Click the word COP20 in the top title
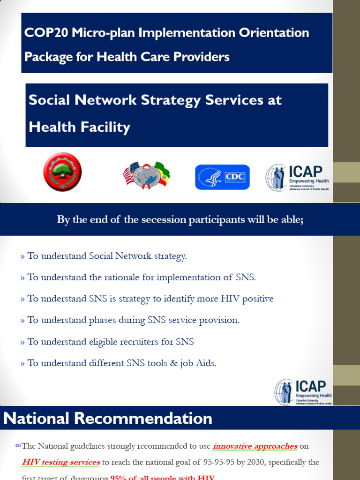[46, 33]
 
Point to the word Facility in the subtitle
[105, 127]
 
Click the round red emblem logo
[62, 172]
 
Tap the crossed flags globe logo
[146, 175]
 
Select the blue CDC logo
[222, 177]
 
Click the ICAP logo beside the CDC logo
[298, 177]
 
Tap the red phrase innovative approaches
[255, 446]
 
